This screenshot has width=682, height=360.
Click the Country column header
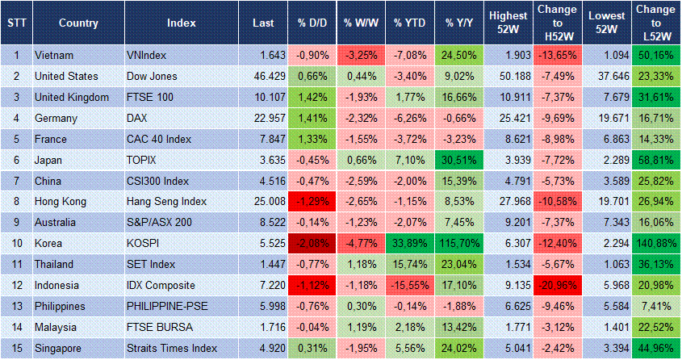(78, 23)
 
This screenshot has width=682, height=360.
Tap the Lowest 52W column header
(606, 23)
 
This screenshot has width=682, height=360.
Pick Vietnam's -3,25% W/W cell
(359, 55)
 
